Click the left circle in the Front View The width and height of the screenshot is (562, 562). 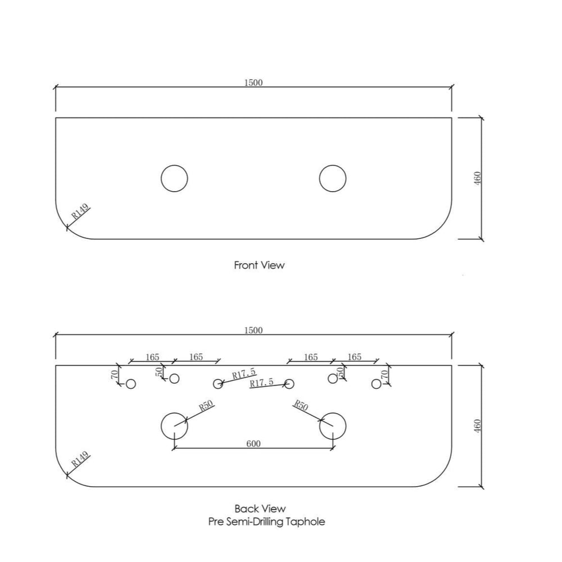(x=174, y=179)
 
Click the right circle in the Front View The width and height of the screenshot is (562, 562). (x=333, y=179)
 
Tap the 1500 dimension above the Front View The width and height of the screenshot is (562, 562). (x=253, y=82)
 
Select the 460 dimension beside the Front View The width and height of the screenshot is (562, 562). (x=478, y=179)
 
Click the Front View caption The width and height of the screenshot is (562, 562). (x=259, y=265)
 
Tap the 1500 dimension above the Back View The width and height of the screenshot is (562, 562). (x=253, y=330)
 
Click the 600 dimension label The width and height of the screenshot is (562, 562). (x=253, y=443)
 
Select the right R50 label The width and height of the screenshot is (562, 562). (x=302, y=405)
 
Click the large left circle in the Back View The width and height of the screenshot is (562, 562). (x=174, y=426)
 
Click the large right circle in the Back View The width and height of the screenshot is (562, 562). (x=333, y=426)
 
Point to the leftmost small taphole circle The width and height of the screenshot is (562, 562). (x=131, y=384)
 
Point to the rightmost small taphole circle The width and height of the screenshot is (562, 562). (x=377, y=384)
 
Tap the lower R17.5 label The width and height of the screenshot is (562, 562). (x=262, y=382)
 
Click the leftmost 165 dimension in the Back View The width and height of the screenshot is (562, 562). (x=152, y=357)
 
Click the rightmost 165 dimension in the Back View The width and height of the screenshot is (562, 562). (x=355, y=357)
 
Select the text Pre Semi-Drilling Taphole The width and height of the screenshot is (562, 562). (x=266, y=522)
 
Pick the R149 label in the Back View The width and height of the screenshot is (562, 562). (x=80, y=461)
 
